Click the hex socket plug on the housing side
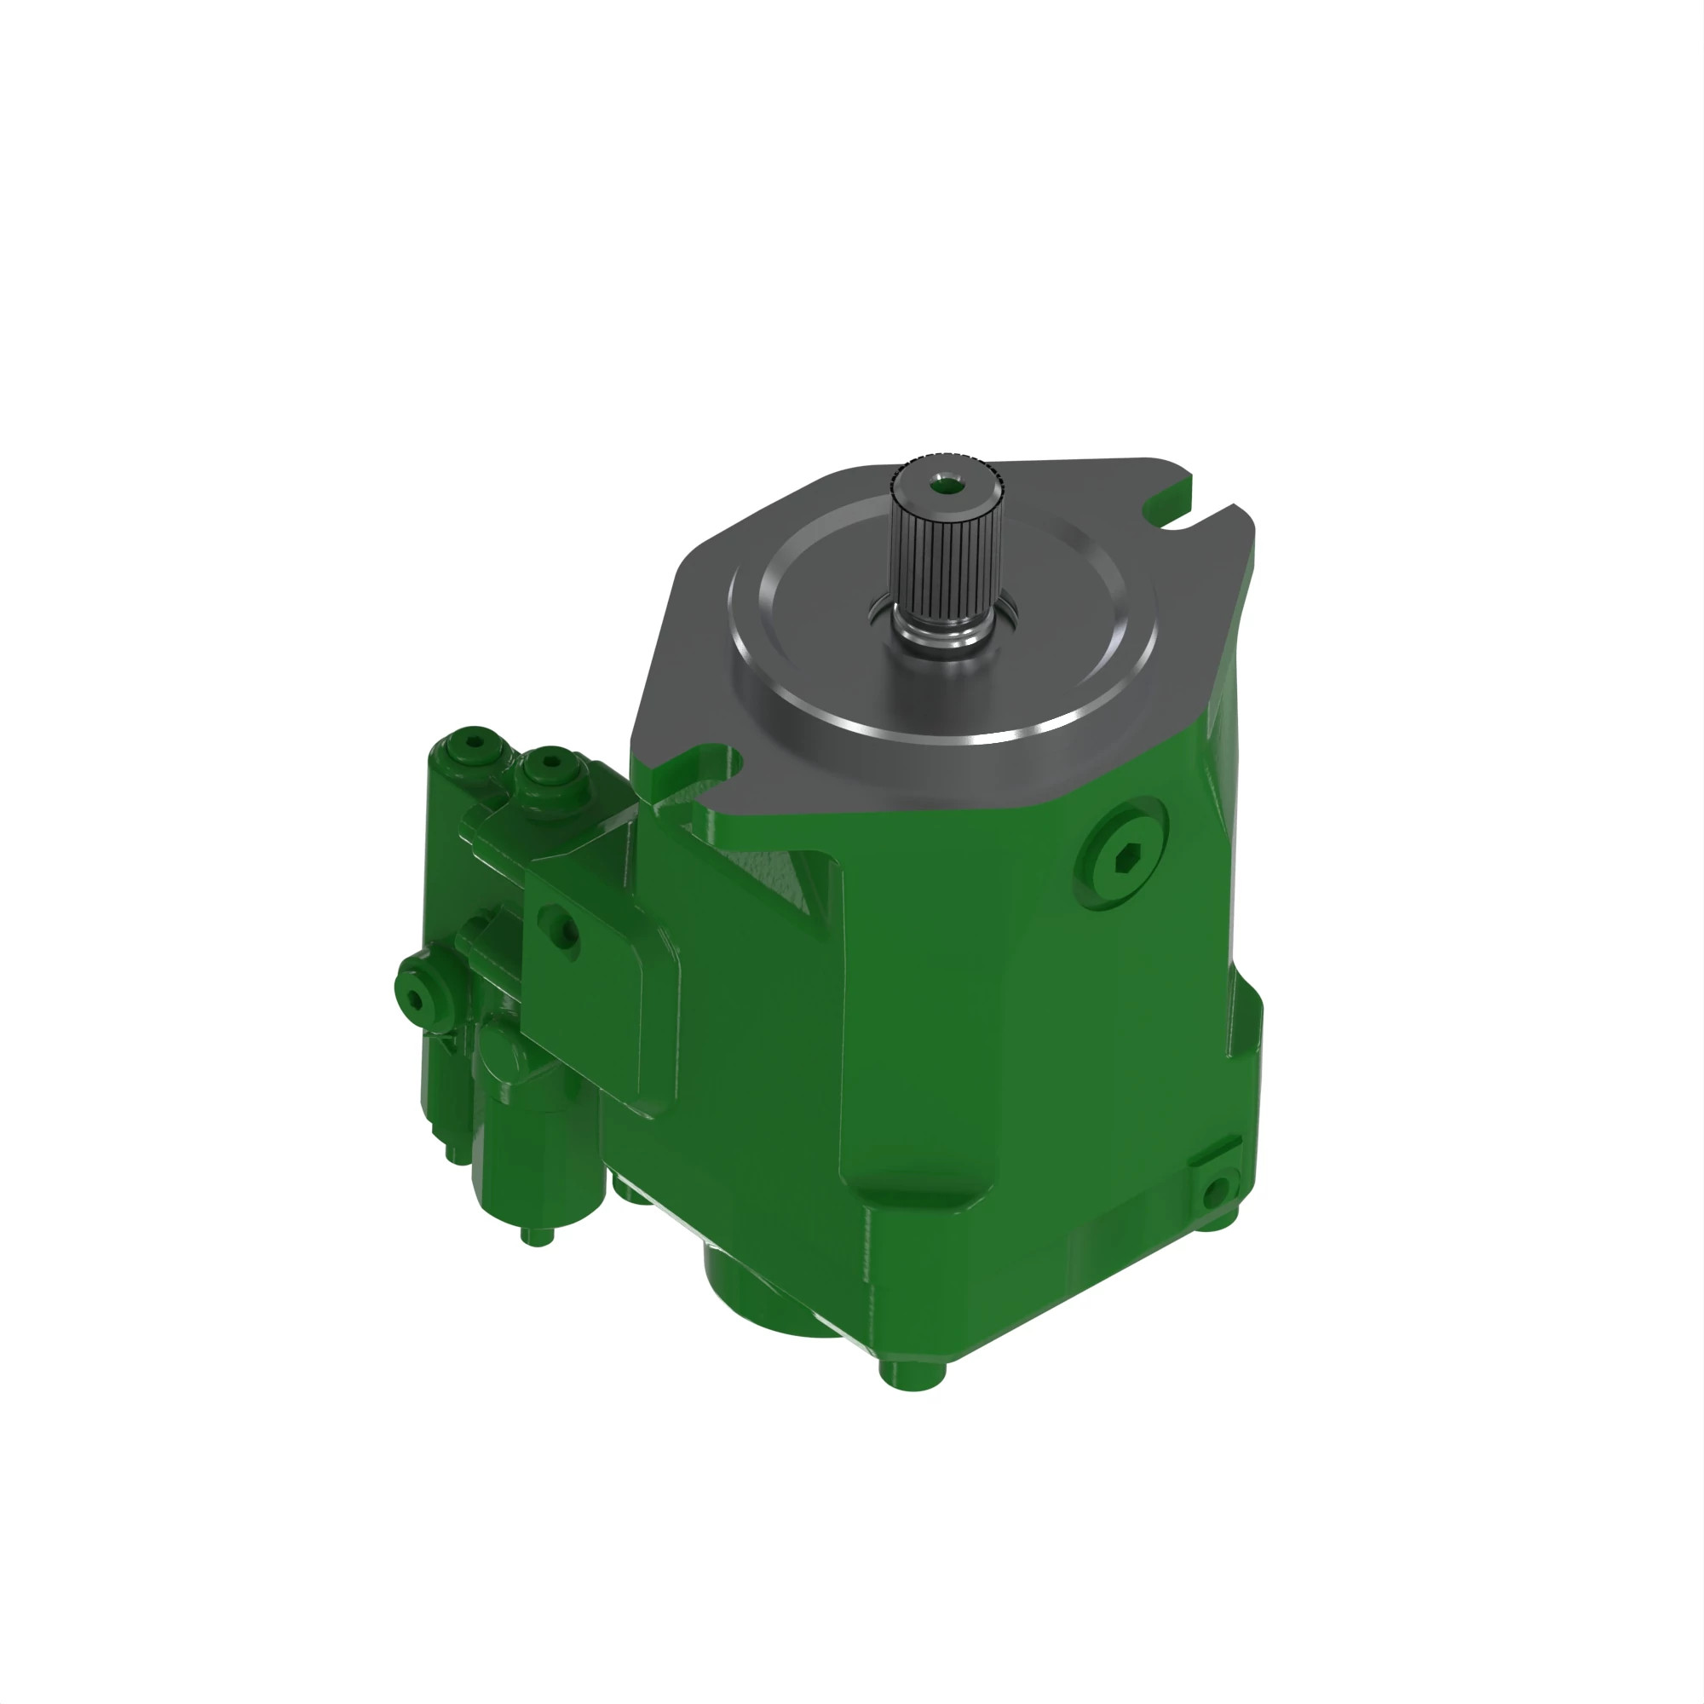tap(1123, 853)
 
